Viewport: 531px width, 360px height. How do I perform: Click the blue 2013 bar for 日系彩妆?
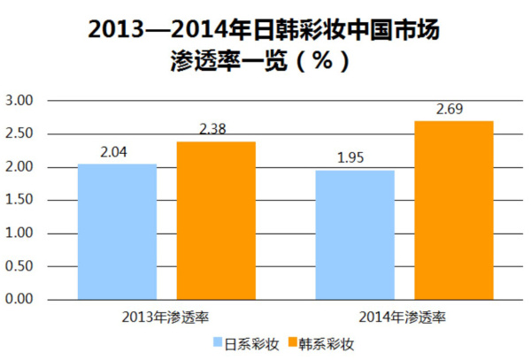pos(118,232)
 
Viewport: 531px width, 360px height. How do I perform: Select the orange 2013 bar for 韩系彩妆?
pos(216,220)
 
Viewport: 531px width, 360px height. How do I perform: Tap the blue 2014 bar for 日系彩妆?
pos(355,234)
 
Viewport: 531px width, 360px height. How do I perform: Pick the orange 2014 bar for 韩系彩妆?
pos(454,211)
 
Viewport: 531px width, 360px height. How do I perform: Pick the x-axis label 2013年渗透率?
pos(165,316)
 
